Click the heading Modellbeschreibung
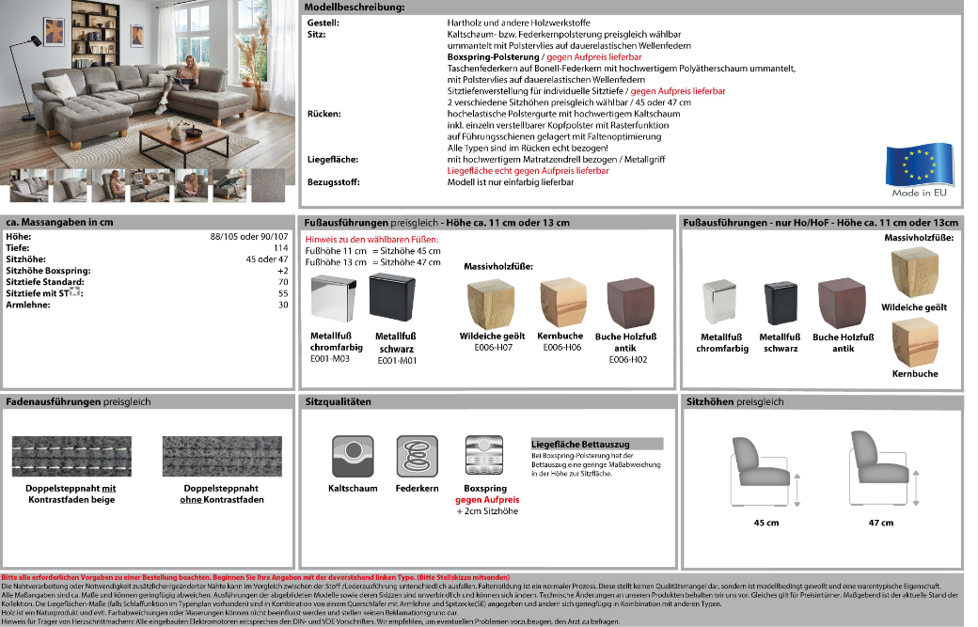coord(355,8)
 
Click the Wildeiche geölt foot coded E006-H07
coord(492,304)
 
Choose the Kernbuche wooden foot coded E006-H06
coord(559,303)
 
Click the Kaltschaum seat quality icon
coord(353,457)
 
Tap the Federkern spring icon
coord(417,457)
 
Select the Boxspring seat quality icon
coord(485,457)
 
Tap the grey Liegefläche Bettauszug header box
coord(597,443)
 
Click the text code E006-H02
coord(627,360)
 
